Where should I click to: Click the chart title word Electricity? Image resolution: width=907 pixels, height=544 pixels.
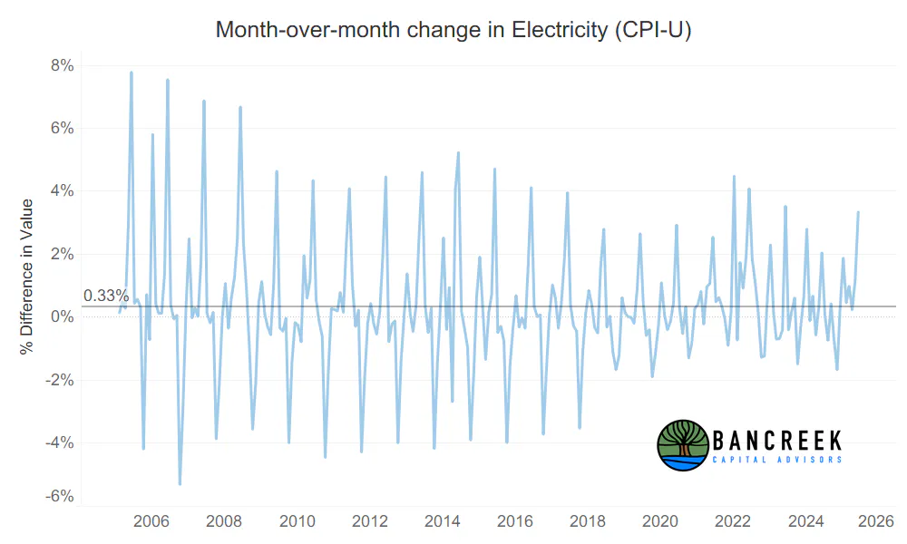560,30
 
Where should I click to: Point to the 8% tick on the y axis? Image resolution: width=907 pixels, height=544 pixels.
63,65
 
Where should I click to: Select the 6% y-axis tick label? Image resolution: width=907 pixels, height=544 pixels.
63,128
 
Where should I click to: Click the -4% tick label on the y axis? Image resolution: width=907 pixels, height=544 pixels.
60,442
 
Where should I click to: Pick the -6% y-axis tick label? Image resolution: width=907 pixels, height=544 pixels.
60,496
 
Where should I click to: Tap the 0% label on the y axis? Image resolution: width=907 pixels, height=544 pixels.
63,316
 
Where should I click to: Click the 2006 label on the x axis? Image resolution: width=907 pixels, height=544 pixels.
151,521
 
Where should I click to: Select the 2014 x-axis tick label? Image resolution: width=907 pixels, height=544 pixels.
443,521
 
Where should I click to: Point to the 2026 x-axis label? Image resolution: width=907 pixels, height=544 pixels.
876,521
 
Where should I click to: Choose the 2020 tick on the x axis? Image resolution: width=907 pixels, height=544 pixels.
660,521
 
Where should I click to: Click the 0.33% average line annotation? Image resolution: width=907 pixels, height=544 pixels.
106,296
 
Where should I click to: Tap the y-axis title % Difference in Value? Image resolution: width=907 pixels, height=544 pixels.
26,277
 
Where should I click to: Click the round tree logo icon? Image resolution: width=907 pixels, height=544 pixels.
683,445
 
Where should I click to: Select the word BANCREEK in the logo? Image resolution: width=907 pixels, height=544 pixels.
777,442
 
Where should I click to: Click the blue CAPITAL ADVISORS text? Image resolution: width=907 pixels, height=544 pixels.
777,460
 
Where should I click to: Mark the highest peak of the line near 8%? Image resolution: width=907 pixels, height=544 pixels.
132,73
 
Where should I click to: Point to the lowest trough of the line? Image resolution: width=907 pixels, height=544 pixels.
180,484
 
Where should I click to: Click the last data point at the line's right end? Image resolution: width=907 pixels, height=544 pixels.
858,212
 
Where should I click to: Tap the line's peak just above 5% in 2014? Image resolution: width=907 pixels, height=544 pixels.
458,153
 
